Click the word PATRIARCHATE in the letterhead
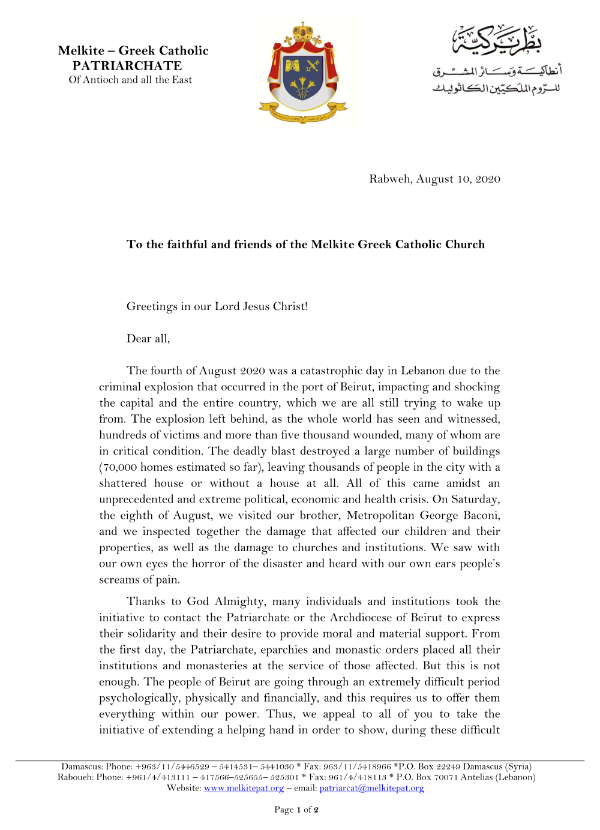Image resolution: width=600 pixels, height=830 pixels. coord(127,66)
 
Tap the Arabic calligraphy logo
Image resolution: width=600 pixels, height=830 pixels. coord(497,60)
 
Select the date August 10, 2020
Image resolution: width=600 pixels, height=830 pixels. coord(458,179)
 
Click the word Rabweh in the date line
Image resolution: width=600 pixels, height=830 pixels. coord(390,179)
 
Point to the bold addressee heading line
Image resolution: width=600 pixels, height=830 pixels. coord(305,244)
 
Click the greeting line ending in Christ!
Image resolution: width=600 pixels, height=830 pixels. coord(217,306)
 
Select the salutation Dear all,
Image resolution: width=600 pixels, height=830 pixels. coord(148,339)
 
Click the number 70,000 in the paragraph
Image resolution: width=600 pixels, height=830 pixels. coord(124,467)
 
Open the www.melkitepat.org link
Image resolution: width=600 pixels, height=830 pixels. coord(244,788)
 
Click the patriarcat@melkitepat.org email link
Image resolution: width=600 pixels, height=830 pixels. coord(371,788)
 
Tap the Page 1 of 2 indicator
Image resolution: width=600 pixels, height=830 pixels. coord(296,810)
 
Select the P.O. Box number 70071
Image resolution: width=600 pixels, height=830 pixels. coord(446,777)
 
